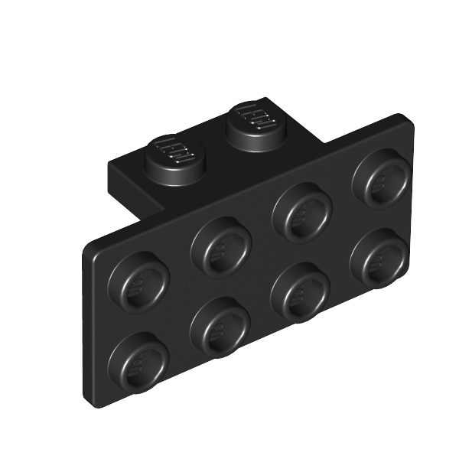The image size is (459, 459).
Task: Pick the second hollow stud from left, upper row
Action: click(x=222, y=246)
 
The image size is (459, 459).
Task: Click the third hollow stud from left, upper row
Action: click(x=302, y=211)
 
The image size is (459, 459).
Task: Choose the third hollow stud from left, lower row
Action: click(x=301, y=293)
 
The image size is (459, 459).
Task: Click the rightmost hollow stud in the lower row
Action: click(x=379, y=259)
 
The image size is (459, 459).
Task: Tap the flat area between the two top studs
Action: click(x=214, y=145)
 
